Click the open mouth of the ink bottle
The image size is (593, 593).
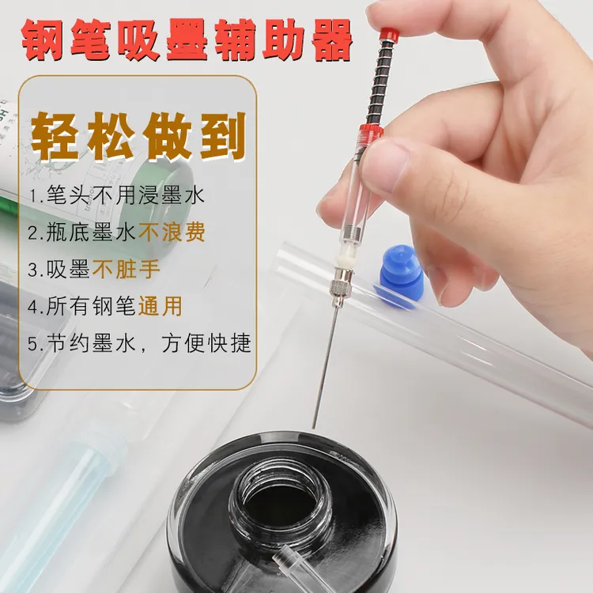pos(281,493)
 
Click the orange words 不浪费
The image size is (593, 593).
pos(172,232)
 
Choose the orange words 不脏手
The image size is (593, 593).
pos(127,269)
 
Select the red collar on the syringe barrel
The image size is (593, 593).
pos(372,130)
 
